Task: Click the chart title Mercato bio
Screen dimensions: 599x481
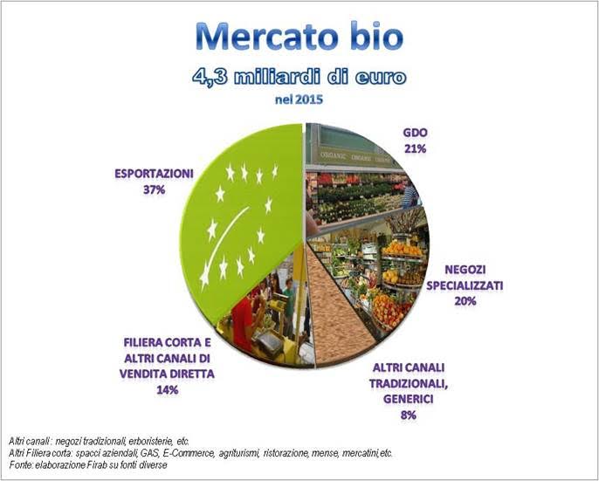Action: tap(299, 37)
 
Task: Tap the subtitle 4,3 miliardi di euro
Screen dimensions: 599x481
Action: tap(299, 77)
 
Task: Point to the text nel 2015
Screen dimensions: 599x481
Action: tap(299, 100)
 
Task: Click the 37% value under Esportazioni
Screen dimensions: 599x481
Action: tap(155, 189)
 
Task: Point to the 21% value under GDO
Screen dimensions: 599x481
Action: tap(416, 149)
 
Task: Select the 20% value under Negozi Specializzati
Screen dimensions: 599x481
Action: tap(465, 301)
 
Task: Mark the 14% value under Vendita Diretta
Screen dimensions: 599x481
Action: tap(168, 390)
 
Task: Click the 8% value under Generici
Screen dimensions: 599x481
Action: tap(409, 416)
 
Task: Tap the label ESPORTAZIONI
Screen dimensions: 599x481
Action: tap(155, 174)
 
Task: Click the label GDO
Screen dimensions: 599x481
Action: tap(416, 133)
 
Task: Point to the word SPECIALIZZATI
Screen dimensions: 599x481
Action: tap(465, 285)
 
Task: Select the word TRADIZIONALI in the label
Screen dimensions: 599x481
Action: tap(409, 383)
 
